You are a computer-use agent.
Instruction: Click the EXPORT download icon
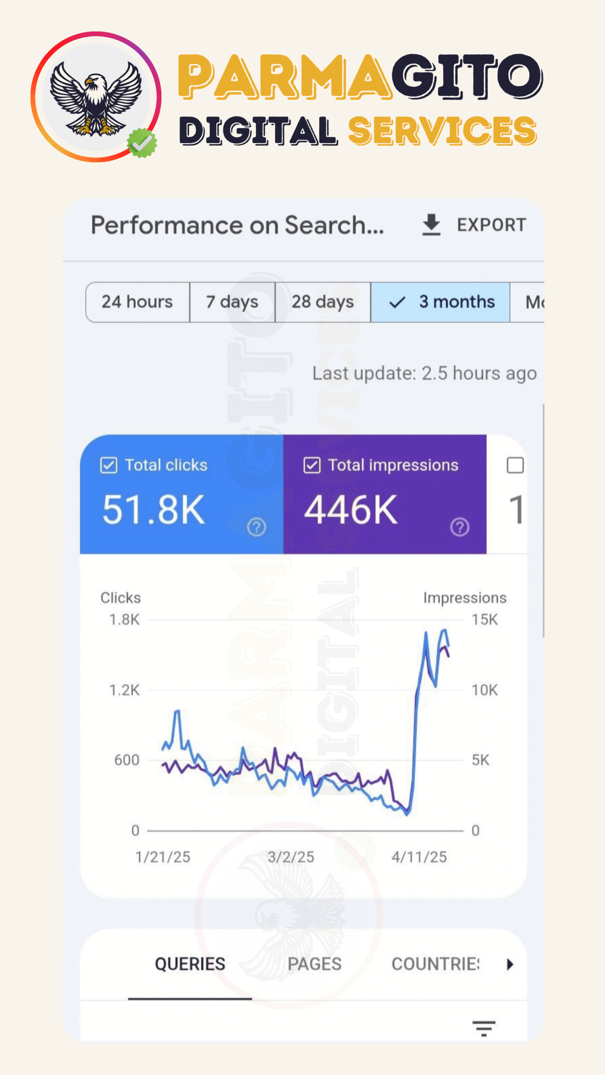click(431, 224)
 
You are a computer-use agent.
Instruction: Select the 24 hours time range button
click(137, 302)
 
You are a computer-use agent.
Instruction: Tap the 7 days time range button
click(232, 302)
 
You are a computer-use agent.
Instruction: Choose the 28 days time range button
click(323, 302)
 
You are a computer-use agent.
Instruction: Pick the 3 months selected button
click(440, 302)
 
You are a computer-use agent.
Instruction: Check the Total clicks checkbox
click(108, 465)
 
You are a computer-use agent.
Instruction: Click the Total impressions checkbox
click(312, 465)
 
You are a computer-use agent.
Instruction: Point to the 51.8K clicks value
click(154, 510)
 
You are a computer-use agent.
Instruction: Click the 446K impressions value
click(351, 510)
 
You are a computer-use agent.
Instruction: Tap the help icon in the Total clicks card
click(256, 527)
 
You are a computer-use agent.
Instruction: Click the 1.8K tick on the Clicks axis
click(124, 619)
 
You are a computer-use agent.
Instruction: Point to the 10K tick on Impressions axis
click(484, 690)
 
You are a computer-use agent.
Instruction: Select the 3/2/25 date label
click(291, 857)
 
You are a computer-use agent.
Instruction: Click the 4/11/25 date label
click(419, 857)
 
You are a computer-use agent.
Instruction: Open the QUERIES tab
click(190, 964)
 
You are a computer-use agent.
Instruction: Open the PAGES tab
click(314, 964)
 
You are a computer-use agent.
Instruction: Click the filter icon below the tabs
click(484, 1028)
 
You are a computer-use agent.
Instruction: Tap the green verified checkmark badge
click(142, 143)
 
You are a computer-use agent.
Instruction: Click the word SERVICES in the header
click(442, 131)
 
